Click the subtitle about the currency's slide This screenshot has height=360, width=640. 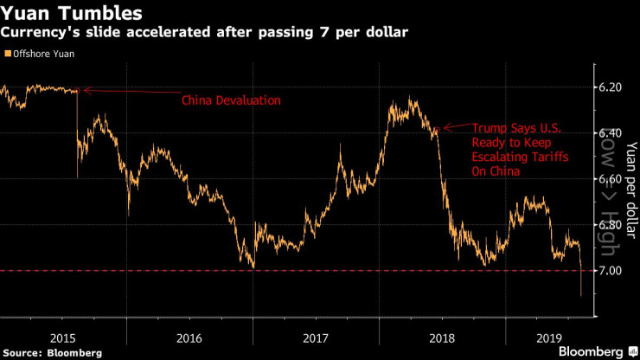pyautogui.click(x=205, y=33)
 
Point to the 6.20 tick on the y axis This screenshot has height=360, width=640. pyautogui.click(x=610, y=87)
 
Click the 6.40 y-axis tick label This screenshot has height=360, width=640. pyautogui.click(x=610, y=133)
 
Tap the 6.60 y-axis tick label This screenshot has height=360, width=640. pyautogui.click(x=610, y=179)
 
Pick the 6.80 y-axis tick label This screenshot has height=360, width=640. pyautogui.click(x=610, y=225)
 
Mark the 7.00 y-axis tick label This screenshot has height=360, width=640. pyautogui.click(x=610, y=271)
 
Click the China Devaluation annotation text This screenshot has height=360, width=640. pyautogui.click(x=231, y=100)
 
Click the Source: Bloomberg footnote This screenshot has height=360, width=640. pyautogui.click(x=52, y=352)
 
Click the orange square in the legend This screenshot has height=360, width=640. pyautogui.click(x=8, y=55)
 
